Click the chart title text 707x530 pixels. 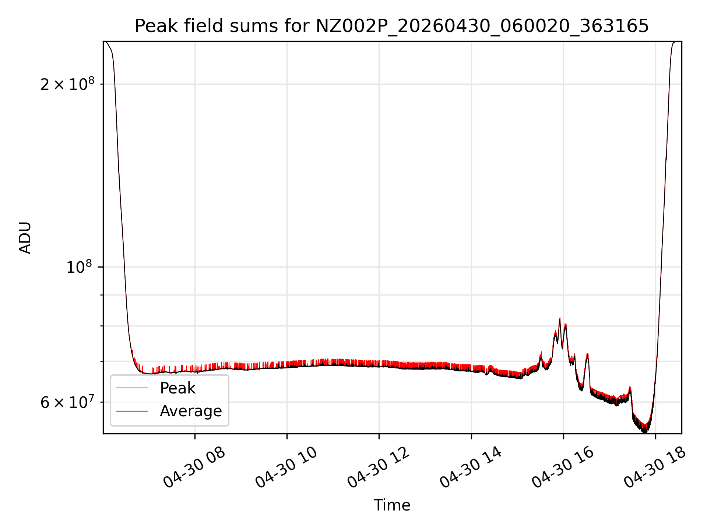392,26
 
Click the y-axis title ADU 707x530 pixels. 25,238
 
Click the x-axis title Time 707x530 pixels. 392,505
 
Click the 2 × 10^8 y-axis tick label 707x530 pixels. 67,84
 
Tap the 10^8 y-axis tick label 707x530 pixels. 80,267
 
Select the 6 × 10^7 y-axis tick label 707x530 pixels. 67,402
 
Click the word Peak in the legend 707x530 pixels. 177,388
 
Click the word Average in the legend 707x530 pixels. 191,411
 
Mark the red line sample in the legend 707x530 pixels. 132,388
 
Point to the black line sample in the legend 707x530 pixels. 132,411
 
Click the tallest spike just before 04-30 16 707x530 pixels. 560,318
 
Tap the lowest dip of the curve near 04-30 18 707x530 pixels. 644,432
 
